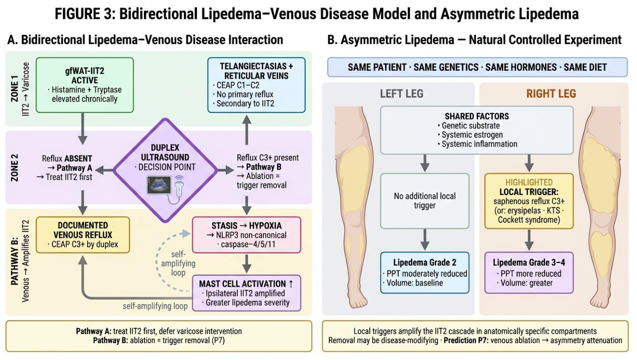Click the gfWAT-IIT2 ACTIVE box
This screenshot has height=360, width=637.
(x=85, y=85)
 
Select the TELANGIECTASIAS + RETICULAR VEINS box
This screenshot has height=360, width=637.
(x=257, y=85)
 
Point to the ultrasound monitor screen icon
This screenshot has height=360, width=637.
(x=159, y=185)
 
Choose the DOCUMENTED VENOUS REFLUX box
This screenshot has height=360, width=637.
(x=83, y=235)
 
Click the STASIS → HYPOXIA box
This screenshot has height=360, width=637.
(x=247, y=235)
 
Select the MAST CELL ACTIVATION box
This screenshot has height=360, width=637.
(x=247, y=293)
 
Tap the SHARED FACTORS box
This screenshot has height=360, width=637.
(x=477, y=130)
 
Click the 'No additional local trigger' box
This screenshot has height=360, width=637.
(x=425, y=201)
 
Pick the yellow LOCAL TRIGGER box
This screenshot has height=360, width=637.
(x=529, y=201)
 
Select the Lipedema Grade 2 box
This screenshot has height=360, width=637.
(x=425, y=272)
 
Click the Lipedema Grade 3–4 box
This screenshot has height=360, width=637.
(x=529, y=272)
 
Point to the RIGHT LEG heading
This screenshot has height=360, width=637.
(x=551, y=93)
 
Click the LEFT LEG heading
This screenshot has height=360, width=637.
(x=402, y=93)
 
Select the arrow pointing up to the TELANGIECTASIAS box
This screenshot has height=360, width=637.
(x=247, y=129)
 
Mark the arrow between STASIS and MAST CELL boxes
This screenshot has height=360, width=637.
(x=247, y=264)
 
